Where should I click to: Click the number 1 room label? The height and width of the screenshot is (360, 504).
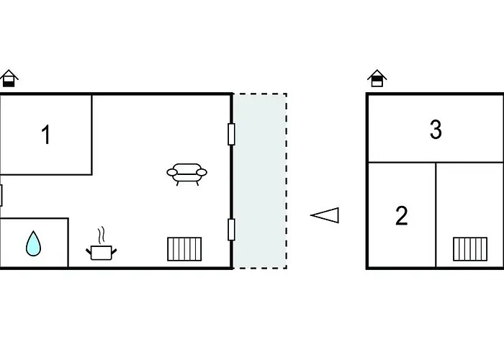46,135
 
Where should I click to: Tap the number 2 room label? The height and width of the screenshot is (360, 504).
402,216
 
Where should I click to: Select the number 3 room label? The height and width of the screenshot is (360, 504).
436,130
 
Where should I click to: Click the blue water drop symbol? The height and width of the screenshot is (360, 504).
33,243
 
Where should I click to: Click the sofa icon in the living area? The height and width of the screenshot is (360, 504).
186,174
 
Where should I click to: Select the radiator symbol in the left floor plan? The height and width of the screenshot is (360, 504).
184,249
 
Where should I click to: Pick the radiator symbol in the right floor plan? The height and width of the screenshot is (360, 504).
470,249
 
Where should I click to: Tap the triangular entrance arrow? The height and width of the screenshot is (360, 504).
325,215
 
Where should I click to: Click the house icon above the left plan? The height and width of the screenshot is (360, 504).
9,78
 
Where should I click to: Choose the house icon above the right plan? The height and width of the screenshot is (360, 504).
377,78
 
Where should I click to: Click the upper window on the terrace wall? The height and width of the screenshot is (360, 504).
231,134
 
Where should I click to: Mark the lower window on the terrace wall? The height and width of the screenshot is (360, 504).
231,230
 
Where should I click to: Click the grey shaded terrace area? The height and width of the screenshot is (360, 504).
260,181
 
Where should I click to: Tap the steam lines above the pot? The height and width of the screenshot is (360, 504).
102,235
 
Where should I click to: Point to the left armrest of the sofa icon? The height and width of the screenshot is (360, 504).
171,173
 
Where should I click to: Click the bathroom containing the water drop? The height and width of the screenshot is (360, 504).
34,243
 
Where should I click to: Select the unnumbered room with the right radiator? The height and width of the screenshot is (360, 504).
469,215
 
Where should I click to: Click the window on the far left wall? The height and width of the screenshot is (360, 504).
1,195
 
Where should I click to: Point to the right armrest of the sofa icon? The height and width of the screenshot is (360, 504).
202,173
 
